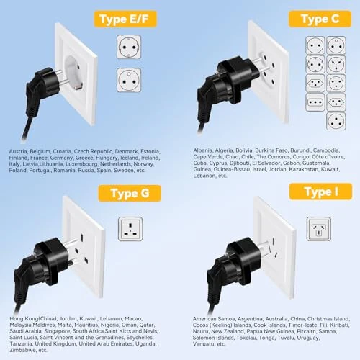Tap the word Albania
204,150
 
